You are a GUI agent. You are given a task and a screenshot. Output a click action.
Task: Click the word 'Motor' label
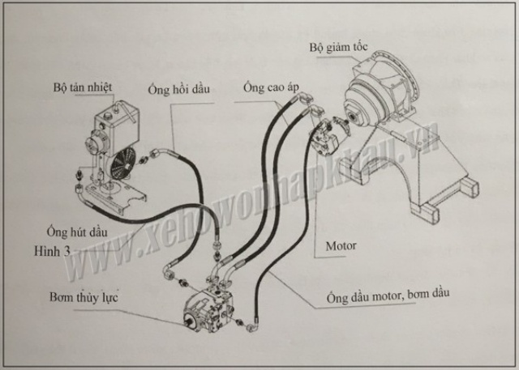(x=341, y=244)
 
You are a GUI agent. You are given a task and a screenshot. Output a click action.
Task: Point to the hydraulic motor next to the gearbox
(x=331, y=134)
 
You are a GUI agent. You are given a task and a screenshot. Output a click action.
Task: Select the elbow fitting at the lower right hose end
(x=253, y=329)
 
